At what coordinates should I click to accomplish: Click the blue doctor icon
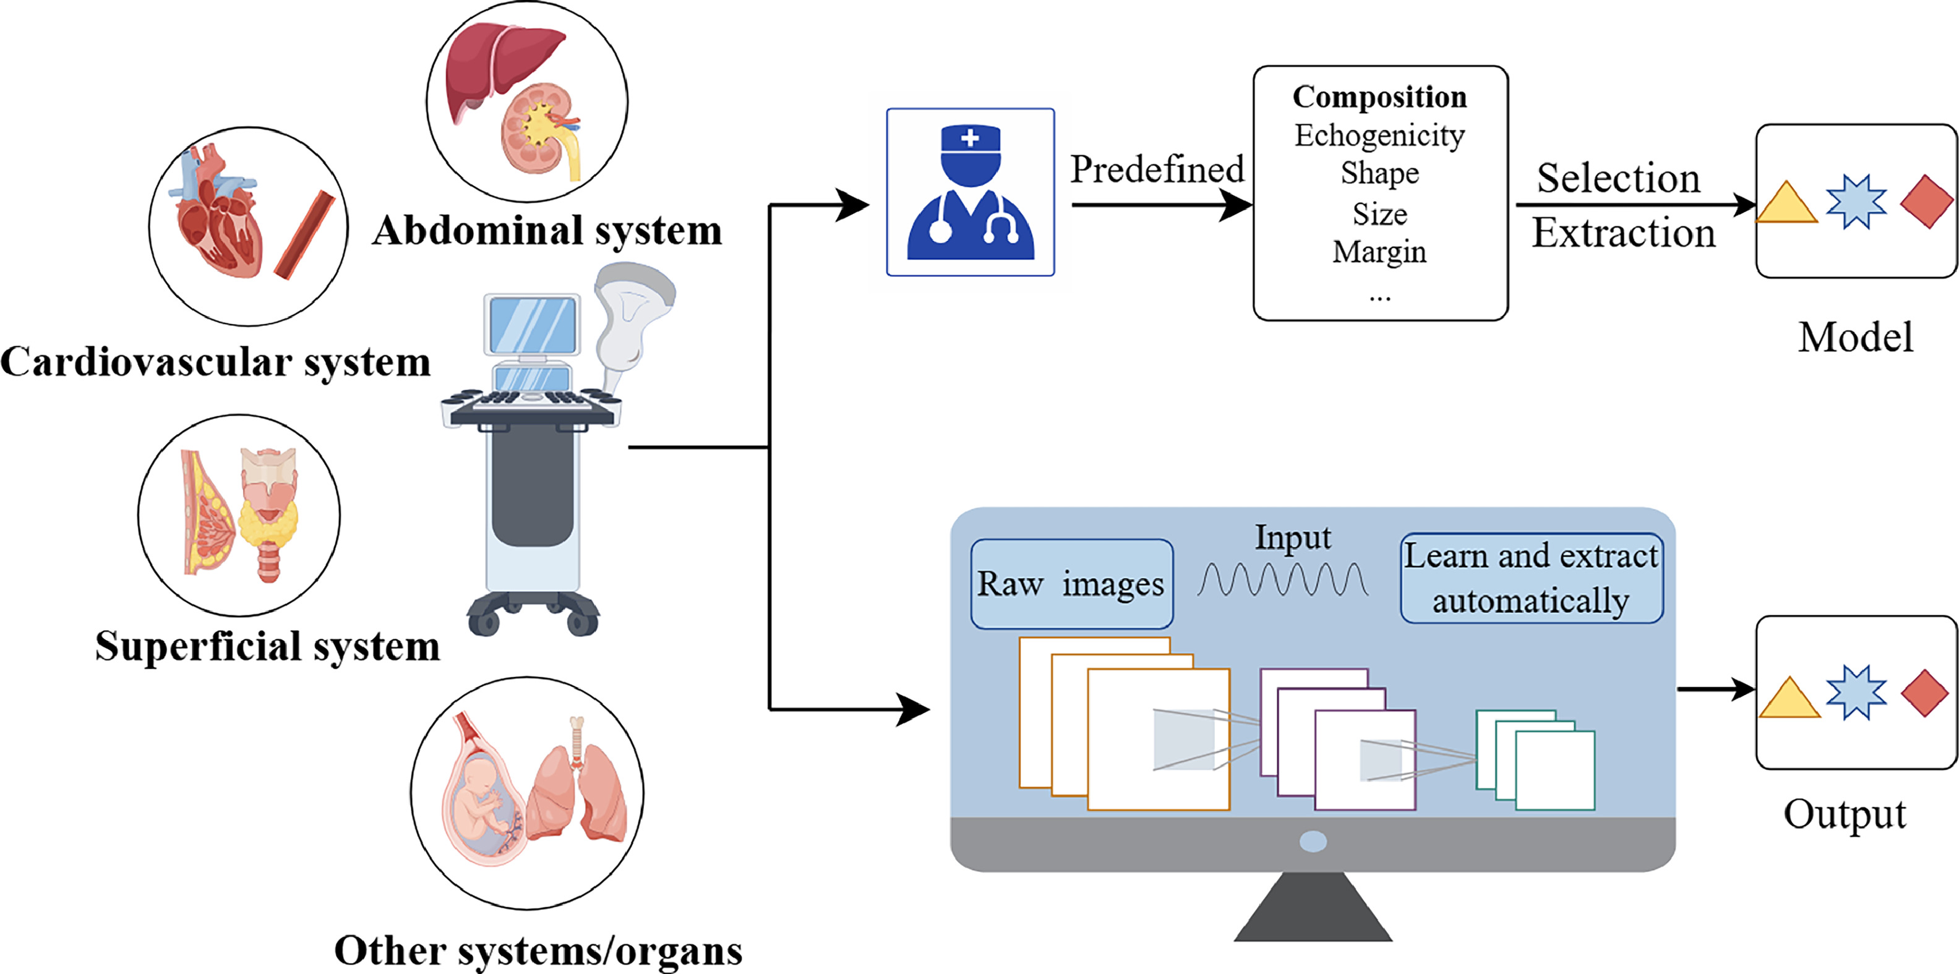click(x=971, y=192)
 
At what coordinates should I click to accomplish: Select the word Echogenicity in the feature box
click(x=1379, y=135)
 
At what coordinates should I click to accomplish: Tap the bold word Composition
click(x=1379, y=96)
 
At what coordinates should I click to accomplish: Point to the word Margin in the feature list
click(x=1379, y=252)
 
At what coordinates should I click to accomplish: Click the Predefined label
click(x=1157, y=169)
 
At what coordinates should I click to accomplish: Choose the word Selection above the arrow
click(x=1618, y=178)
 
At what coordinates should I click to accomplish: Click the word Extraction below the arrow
click(x=1624, y=233)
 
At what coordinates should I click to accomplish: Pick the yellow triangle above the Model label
click(x=1787, y=204)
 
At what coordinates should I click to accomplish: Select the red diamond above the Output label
click(x=1925, y=693)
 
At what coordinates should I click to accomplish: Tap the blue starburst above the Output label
click(x=1856, y=693)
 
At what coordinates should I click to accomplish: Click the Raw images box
click(x=1071, y=584)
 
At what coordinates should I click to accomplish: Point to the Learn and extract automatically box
click(x=1531, y=578)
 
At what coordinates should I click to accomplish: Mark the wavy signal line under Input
click(x=1283, y=579)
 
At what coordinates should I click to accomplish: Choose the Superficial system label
click(x=268, y=646)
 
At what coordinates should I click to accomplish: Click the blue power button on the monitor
click(x=1313, y=841)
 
